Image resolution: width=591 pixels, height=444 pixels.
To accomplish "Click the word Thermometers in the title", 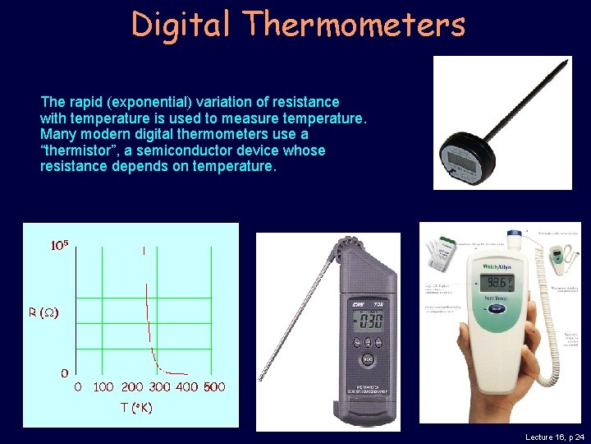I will coord(354,25).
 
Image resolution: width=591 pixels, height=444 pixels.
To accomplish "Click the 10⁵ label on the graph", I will coord(59,245).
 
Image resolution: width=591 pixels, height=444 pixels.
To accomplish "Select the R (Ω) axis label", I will coord(44,312).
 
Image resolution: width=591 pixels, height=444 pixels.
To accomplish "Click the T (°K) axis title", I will coord(136,407).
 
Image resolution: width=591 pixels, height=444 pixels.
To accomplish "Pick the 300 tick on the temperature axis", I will coord(160,386).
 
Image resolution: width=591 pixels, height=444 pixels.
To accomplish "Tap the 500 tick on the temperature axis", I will coord(214,386).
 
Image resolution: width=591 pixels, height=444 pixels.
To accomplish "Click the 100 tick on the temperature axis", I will coord(103,386).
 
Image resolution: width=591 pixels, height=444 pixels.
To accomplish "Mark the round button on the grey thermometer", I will coord(369,358).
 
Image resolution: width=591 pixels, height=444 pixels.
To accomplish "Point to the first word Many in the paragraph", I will coord(57,134).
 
